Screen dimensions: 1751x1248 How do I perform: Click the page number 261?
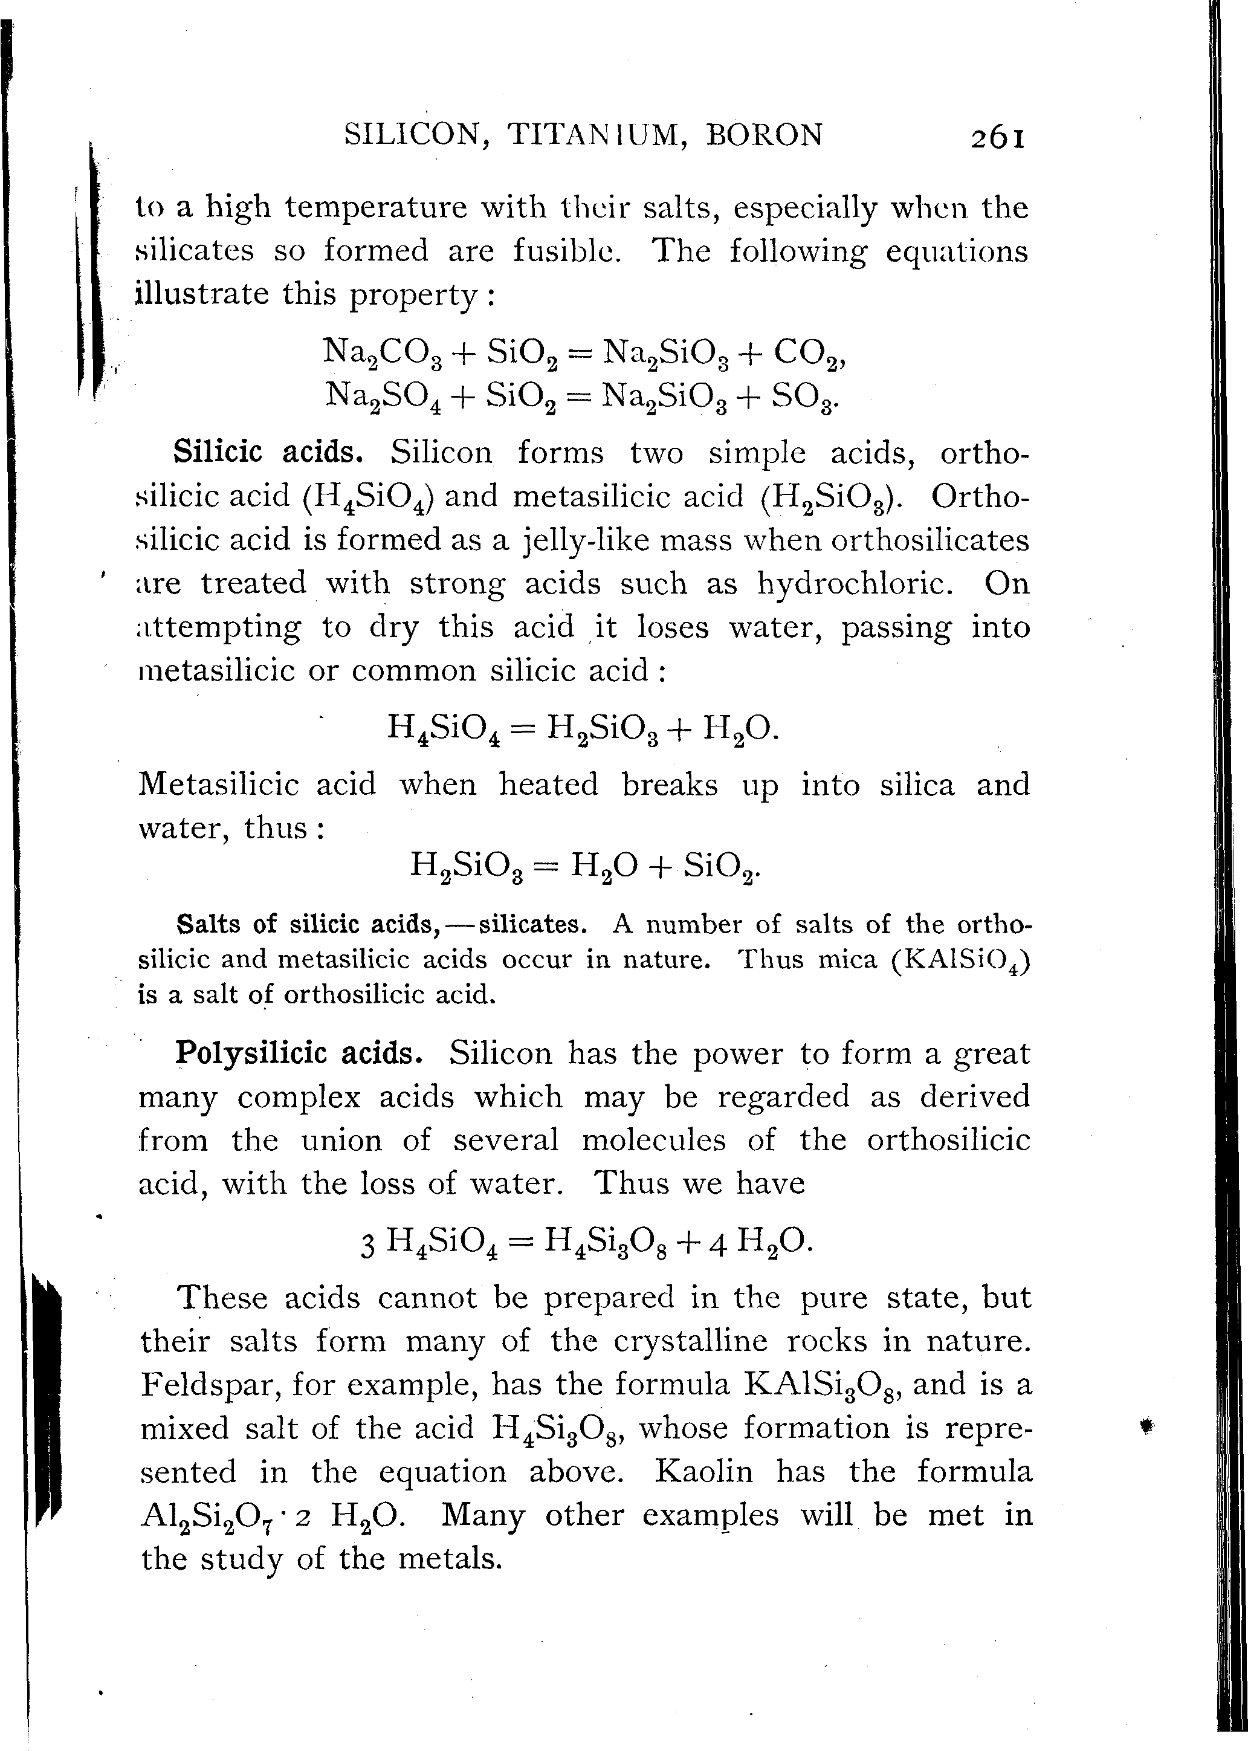click(997, 138)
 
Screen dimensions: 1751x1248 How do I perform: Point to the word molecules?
click(653, 1139)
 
